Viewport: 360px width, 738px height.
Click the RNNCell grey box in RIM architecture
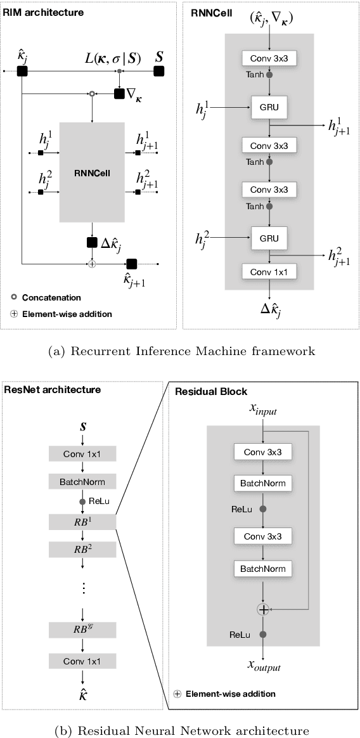click(x=93, y=171)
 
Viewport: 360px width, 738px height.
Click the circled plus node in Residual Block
click(x=262, y=609)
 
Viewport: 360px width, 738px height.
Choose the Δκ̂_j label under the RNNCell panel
click(x=271, y=309)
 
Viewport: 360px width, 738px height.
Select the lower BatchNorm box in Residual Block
click(x=262, y=567)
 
